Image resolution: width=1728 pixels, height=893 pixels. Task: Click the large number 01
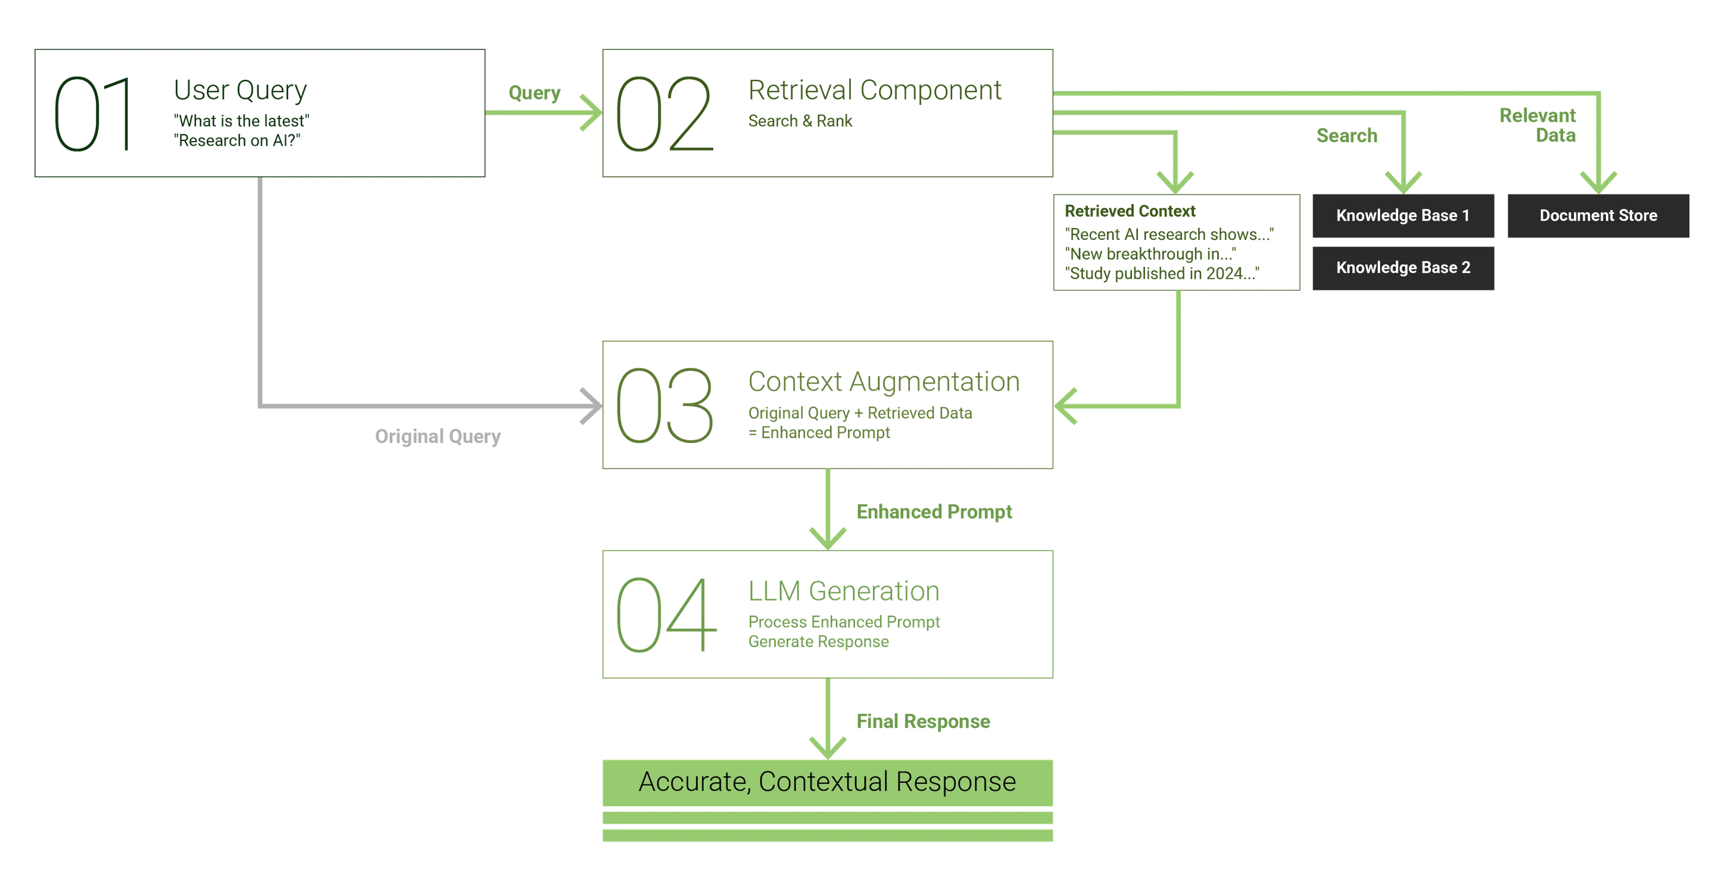click(x=91, y=114)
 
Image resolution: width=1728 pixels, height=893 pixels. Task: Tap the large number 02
click(x=663, y=114)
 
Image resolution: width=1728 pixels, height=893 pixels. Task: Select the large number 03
click(x=663, y=406)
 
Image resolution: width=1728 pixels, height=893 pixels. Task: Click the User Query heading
click(x=240, y=89)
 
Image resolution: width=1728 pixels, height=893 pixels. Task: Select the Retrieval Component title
click(x=875, y=90)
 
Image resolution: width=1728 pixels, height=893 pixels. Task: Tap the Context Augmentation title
click(x=884, y=382)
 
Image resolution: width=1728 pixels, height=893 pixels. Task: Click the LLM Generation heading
click(x=844, y=592)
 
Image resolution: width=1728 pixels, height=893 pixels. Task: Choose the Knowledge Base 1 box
click(x=1403, y=216)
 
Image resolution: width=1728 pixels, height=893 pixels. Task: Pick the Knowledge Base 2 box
click(x=1403, y=268)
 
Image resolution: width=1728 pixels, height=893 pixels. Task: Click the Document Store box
click(x=1598, y=216)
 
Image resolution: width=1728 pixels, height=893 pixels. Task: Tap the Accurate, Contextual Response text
click(x=827, y=782)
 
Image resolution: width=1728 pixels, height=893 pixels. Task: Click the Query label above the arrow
click(x=535, y=93)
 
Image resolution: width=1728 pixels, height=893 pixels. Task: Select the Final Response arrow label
click(x=922, y=721)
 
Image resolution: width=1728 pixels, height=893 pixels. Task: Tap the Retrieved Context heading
click(x=1131, y=211)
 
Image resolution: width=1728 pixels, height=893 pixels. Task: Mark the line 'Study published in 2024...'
click(x=1162, y=273)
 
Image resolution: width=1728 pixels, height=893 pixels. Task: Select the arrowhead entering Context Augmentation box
click(x=1066, y=406)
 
